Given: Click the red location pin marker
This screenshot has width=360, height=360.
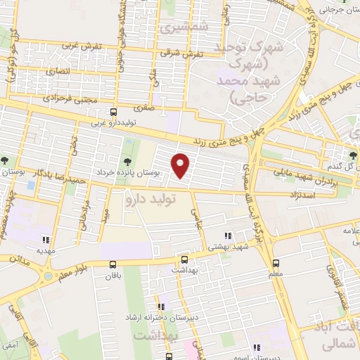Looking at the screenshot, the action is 181,165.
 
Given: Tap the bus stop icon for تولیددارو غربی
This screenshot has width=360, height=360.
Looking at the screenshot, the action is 114,111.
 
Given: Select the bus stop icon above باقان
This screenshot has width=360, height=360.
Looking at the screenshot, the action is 113,264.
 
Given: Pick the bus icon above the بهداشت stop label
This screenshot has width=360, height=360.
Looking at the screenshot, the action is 184,258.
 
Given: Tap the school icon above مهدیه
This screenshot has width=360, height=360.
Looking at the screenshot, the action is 46,238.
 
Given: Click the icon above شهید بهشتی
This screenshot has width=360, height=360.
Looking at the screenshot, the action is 227,236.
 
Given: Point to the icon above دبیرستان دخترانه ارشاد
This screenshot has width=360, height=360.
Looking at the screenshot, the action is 162,307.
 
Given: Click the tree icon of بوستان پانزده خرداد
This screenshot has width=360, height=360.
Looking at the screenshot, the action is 127,146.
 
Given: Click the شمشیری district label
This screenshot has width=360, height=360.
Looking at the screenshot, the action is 175,28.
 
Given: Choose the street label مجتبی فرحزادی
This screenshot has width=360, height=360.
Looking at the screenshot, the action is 59,99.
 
